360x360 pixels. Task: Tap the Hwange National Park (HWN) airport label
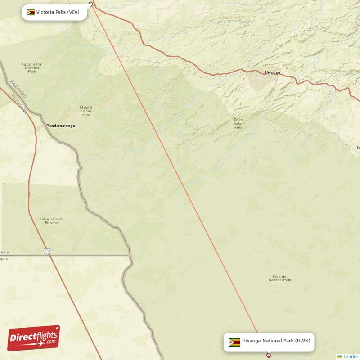pyautogui.click(x=276, y=341)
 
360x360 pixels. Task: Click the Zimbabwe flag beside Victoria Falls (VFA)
pyautogui.click(x=31, y=12)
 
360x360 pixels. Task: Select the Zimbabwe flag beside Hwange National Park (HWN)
pyautogui.click(x=234, y=342)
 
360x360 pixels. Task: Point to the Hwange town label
pyautogui.click(x=272, y=72)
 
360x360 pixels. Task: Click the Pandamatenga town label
pyautogui.click(x=61, y=126)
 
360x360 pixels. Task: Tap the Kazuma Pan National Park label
pyautogui.click(x=32, y=68)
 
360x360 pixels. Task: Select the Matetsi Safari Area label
pyautogui.click(x=86, y=111)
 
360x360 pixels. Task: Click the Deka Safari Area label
pyautogui.click(x=238, y=124)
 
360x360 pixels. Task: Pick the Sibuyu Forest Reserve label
pyautogui.click(x=52, y=221)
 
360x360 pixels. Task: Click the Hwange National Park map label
pyautogui.click(x=279, y=278)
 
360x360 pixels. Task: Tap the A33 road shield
pyautogui.click(x=47, y=251)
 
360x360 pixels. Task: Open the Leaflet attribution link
pyautogui.click(x=350, y=356)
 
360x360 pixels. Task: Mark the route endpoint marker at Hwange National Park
pyautogui.click(x=269, y=355)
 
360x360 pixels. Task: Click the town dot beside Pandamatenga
pyautogui.click(x=47, y=126)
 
